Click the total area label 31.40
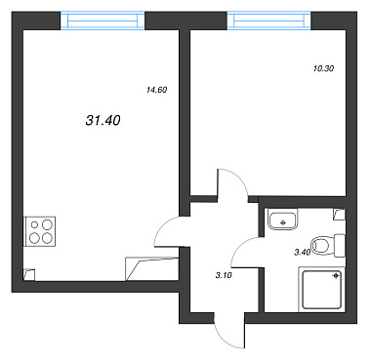click(x=103, y=121)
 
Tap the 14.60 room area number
click(x=157, y=90)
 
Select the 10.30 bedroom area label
click(x=324, y=68)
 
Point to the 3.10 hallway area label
click(x=224, y=275)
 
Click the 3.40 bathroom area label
click(x=303, y=252)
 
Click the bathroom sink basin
click(x=282, y=219)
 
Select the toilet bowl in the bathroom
click(x=322, y=245)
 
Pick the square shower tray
click(x=322, y=289)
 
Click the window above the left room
click(x=103, y=21)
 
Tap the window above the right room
click(x=268, y=20)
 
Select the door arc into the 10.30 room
click(x=240, y=178)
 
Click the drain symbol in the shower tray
click(x=335, y=276)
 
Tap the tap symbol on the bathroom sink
click(x=282, y=222)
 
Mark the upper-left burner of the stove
click(x=34, y=224)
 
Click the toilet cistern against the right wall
click(x=340, y=245)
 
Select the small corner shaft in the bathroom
click(x=339, y=215)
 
